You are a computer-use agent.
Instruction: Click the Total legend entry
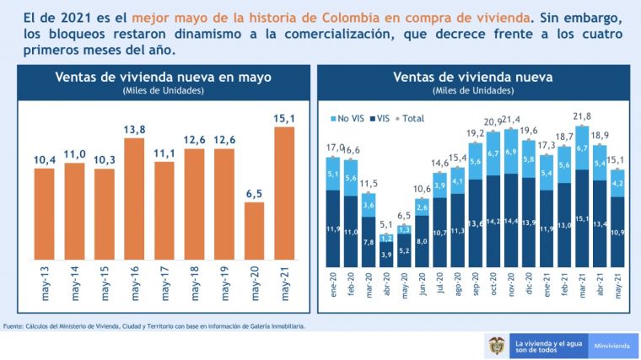pyautogui.click(x=411, y=119)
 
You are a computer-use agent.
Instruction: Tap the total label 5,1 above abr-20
pyautogui.click(x=385, y=224)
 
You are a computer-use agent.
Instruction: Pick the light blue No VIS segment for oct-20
pyautogui.click(x=492, y=153)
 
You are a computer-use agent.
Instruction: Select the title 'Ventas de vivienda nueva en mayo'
pyautogui.click(x=163, y=77)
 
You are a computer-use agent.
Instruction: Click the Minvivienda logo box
pyautogui.click(x=610, y=346)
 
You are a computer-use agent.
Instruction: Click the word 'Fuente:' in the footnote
pyautogui.click(x=13, y=325)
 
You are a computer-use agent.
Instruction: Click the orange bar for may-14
pyautogui.click(x=75, y=211)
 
